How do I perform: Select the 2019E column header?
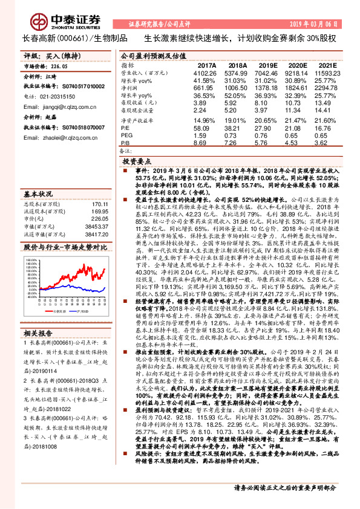[266, 65]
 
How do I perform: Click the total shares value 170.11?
[98, 204]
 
